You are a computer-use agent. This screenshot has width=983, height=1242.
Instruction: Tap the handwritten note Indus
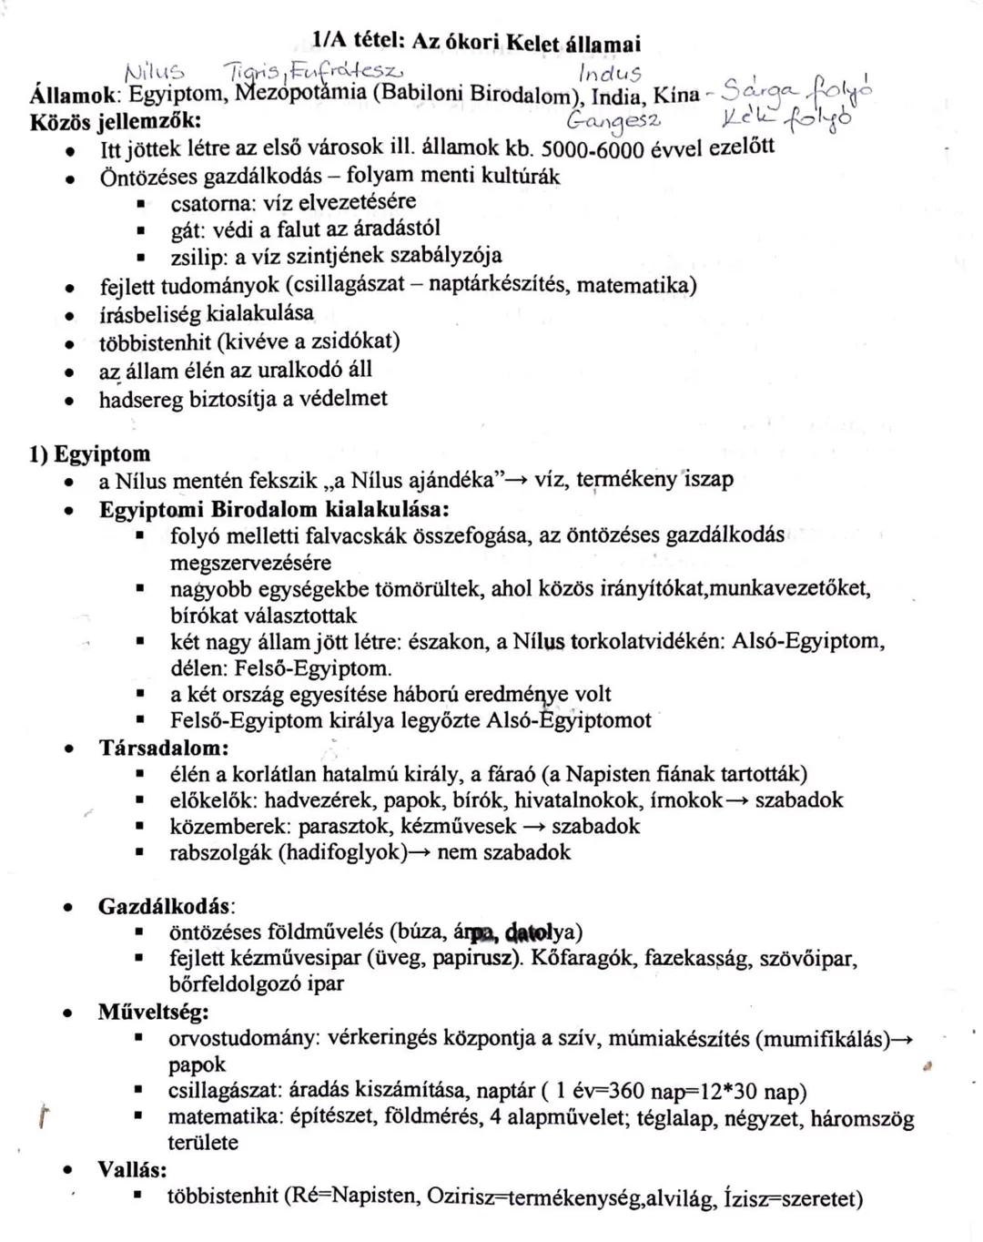[610, 73]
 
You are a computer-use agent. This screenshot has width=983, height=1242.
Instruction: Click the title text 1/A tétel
[359, 42]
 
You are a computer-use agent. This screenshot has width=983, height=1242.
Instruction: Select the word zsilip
[197, 255]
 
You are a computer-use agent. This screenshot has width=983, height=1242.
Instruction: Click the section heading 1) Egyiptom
[89, 453]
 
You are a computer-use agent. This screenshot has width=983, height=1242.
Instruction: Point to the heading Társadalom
[164, 748]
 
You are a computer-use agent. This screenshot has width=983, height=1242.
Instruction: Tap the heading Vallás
[132, 1169]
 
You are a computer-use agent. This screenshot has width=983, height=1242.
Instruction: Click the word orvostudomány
[244, 1038]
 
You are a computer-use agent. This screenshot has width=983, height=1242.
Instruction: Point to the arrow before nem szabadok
[420, 853]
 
